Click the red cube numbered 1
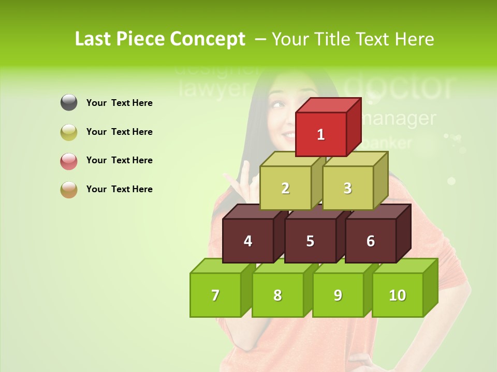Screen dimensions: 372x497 (321, 134)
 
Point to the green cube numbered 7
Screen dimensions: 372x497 (215, 295)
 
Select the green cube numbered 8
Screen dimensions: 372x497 (277, 295)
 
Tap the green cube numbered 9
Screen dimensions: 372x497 (338, 295)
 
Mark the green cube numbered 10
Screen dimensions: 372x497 (397, 295)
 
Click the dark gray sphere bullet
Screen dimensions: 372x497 (69, 103)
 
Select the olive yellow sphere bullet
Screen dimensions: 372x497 (69, 132)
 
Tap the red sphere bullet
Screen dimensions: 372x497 (69, 161)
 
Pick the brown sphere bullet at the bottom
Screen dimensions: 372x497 (69, 189)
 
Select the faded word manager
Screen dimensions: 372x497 (399, 118)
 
